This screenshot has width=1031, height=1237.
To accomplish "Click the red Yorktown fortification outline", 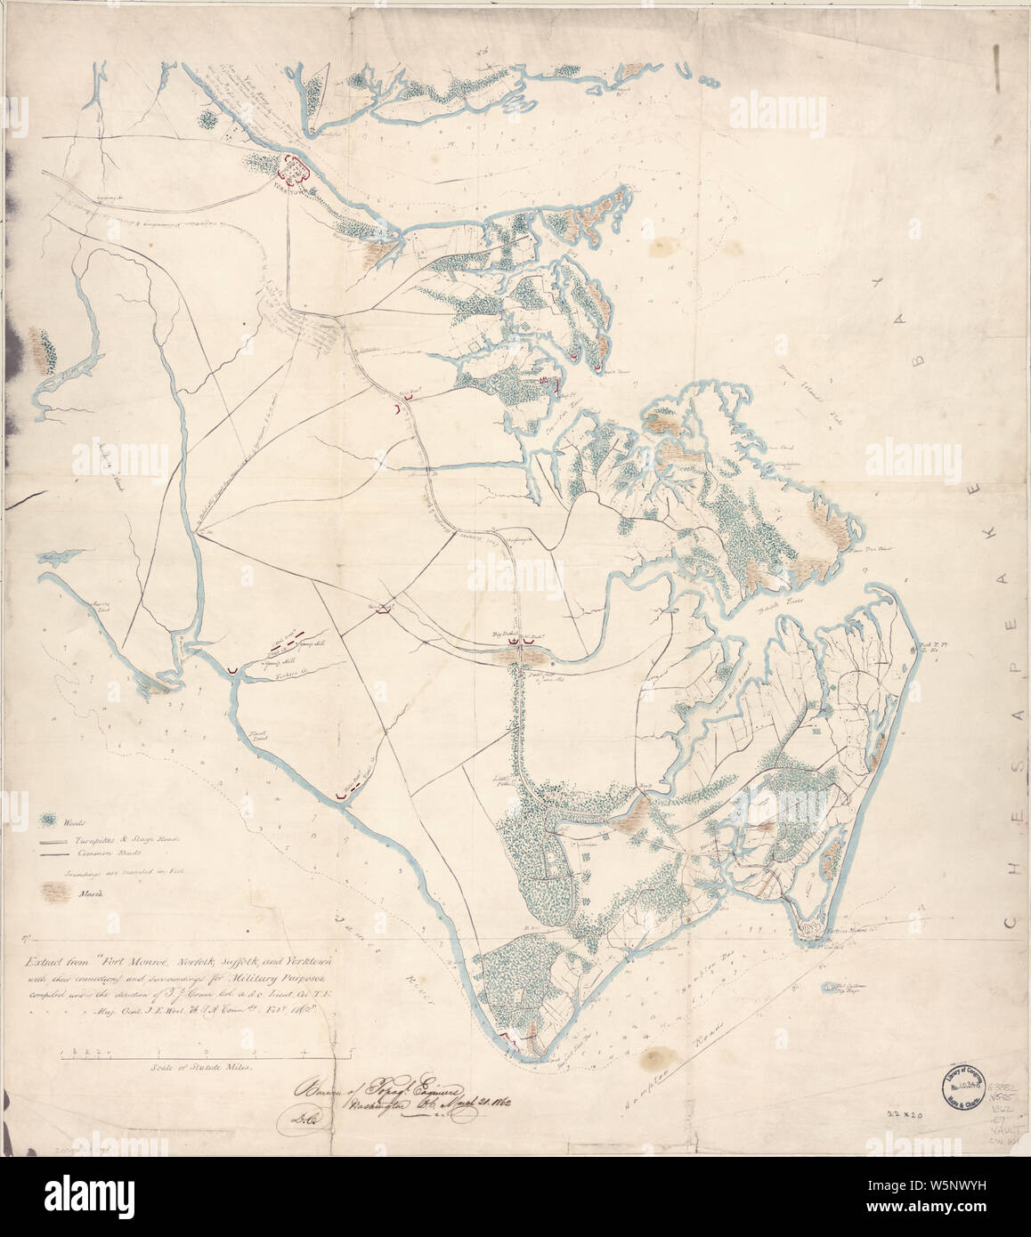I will coord(295,166).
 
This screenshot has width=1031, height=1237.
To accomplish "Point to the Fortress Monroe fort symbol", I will coord(808,928).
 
